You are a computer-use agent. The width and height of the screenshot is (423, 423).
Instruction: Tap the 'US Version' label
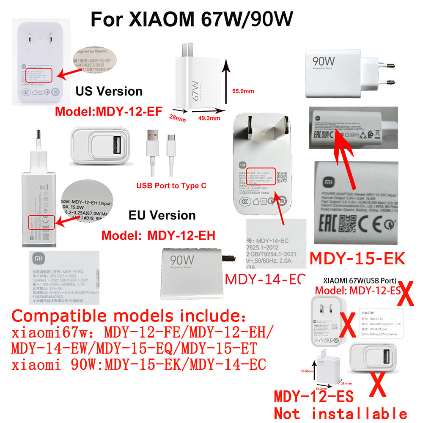109,91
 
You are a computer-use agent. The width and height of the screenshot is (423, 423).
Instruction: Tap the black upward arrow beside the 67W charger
226,85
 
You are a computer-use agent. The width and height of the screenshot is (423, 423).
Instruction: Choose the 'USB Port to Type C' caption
171,186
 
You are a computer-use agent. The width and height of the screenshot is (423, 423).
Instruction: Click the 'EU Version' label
162,215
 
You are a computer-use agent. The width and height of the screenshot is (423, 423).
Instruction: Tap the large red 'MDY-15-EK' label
357,259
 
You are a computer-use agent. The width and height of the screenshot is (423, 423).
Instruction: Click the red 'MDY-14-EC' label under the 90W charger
265,279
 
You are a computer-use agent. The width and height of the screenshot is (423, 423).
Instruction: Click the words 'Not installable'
341,412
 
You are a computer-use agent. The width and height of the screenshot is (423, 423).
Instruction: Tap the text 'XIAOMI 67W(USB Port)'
359,280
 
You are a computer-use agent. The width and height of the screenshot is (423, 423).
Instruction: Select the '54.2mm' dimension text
321,388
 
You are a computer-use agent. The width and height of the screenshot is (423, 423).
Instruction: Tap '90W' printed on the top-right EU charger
324,61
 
